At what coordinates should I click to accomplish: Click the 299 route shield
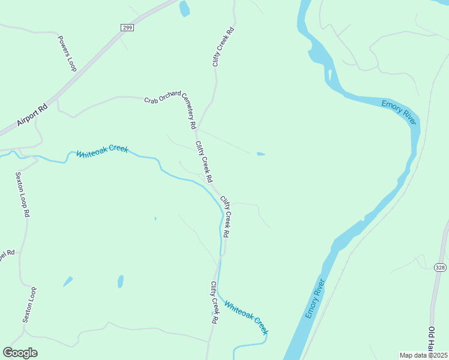pos(127,27)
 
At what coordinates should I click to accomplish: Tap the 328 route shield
pos(441,268)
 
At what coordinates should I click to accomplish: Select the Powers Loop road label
pos(67,53)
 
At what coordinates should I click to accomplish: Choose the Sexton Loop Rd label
pos(22,194)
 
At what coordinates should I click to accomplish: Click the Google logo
pos(20,353)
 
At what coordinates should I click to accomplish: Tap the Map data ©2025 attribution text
pos(424,355)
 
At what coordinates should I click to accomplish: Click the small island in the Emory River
pos(330,75)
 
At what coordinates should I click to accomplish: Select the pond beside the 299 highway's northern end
pos(184,8)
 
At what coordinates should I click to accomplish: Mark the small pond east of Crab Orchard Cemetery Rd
pos(261,154)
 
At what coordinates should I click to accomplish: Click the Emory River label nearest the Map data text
pos(315,298)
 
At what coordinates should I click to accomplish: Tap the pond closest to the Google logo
pos(68,281)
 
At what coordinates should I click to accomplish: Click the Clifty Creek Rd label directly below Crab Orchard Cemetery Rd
pos(203,162)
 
